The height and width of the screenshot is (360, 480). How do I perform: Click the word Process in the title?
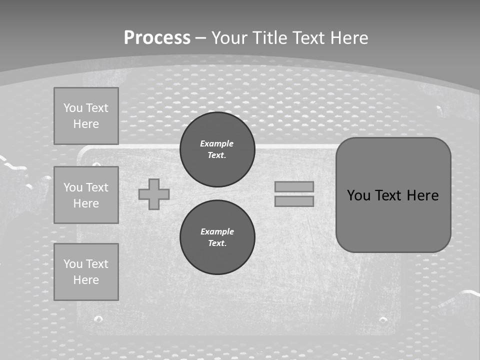[x=157, y=38]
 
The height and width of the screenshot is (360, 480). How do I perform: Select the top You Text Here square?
[x=86, y=116]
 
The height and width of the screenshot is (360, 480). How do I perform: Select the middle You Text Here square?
[x=86, y=195]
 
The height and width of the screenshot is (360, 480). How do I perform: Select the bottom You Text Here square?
[x=86, y=272]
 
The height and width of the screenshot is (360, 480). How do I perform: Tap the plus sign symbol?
[x=154, y=194]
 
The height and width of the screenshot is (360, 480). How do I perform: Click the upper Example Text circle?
[x=217, y=149]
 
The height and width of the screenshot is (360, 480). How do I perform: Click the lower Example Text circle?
[x=217, y=237]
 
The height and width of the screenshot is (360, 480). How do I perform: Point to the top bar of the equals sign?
[x=294, y=187]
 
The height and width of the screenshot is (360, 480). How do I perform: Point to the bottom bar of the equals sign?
[x=294, y=201]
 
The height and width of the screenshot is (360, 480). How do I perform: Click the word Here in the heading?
[x=349, y=38]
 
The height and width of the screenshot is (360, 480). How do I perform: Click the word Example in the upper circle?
[x=217, y=143]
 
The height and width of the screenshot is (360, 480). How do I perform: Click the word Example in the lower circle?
[x=217, y=231]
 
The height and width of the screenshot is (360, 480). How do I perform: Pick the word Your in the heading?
[x=230, y=38]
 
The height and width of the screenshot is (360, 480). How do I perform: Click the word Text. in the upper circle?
[x=217, y=155]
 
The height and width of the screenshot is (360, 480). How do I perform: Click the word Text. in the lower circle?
[x=217, y=243]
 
